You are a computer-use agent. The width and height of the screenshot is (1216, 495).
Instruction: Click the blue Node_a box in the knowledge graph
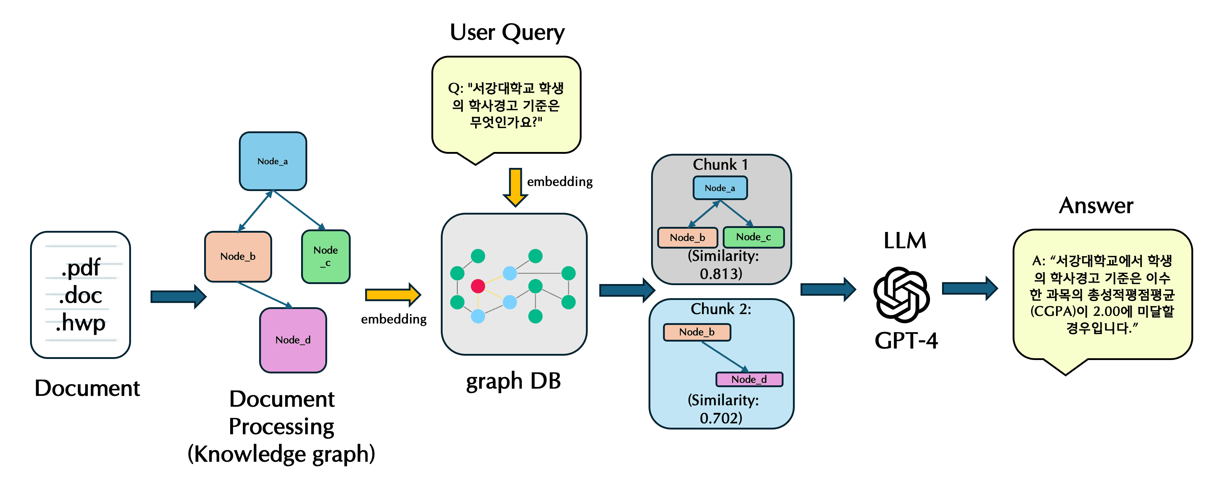(x=273, y=161)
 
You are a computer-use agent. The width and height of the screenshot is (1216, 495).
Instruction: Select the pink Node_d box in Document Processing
(x=293, y=340)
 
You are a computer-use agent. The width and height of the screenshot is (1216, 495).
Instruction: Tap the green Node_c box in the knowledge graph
(x=326, y=256)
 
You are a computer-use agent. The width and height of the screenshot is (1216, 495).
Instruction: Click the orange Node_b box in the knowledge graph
(x=238, y=256)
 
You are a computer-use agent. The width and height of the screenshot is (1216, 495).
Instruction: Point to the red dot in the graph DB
(x=478, y=286)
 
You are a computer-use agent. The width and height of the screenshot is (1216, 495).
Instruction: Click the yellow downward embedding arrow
(x=515, y=187)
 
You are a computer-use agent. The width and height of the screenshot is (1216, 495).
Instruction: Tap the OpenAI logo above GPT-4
(x=901, y=295)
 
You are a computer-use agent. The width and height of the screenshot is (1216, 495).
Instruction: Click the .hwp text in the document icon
(x=81, y=323)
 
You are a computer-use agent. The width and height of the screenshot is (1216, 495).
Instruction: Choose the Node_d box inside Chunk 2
(x=749, y=379)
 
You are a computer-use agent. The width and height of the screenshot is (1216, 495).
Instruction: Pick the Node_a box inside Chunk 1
(x=720, y=188)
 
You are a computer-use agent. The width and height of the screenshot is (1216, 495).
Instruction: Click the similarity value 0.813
(x=721, y=274)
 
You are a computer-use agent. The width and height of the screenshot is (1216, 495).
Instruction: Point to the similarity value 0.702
(x=721, y=418)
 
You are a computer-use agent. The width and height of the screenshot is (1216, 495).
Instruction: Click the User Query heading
(x=507, y=33)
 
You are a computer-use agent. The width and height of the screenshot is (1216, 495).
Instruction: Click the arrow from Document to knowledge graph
(x=178, y=296)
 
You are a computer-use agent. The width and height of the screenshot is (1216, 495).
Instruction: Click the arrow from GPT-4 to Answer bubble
(x=970, y=288)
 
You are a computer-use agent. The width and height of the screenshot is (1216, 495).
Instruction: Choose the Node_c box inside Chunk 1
(x=753, y=237)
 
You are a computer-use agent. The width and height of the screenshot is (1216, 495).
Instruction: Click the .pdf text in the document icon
(x=81, y=267)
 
